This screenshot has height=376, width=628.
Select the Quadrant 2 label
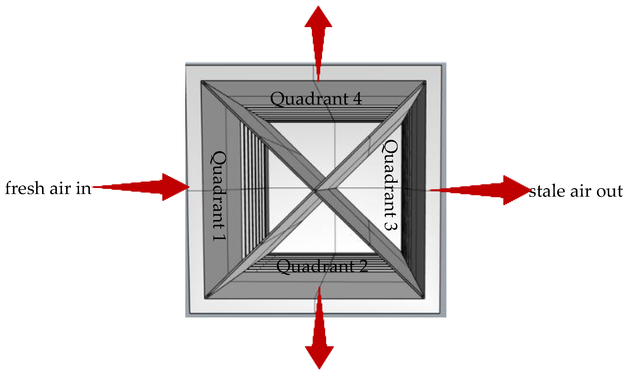(322, 266)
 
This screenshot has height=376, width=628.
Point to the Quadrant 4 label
(316, 99)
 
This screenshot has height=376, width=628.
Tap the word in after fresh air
(84, 189)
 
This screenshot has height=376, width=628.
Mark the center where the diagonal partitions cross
(315, 191)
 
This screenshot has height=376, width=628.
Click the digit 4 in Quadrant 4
(357, 99)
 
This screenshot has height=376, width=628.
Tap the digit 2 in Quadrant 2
(363, 266)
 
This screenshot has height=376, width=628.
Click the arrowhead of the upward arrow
(318, 18)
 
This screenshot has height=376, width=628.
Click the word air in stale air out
(579, 191)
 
